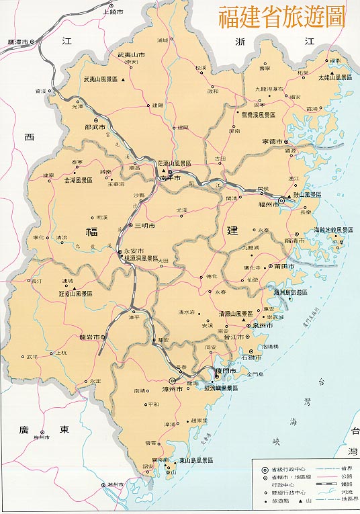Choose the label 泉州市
pos(261,325)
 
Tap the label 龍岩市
pos(89,337)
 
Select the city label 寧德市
pos(273,142)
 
